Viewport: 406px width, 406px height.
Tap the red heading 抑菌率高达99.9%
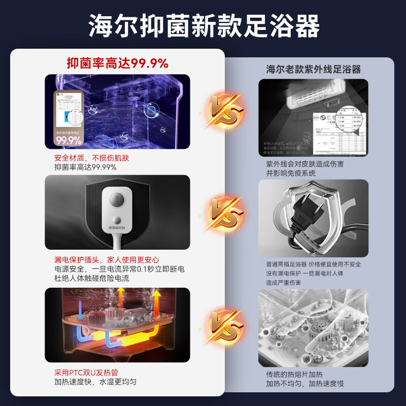(117, 63)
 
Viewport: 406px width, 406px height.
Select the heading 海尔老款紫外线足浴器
(313, 70)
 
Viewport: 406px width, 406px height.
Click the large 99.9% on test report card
(69, 140)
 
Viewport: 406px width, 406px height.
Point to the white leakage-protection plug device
(117, 208)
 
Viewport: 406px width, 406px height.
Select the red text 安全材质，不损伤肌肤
(91, 158)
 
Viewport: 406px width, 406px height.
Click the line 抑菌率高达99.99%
(85, 167)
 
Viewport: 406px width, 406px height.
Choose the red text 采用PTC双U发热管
(86, 373)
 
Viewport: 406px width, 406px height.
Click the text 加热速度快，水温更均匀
(95, 382)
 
